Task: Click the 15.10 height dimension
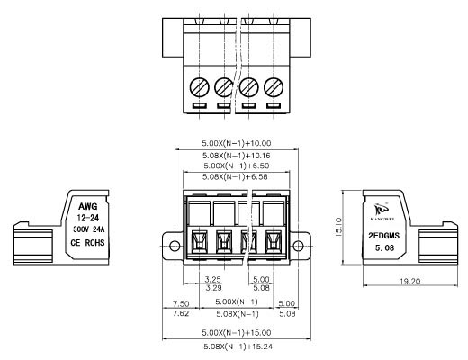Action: click(x=338, y=227)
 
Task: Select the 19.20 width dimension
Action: click(x=410, y=281)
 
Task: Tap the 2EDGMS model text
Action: click(x=384, y=236)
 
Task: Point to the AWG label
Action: click(x=88, y=206)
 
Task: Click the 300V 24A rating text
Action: click(x=89, y=229)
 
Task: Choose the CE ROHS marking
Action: click(x=87, y=242)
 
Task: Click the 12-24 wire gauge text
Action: click(x=88, y=218)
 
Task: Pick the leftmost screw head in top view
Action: click(x=200, y=87)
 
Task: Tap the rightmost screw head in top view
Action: click(x=274, y=87)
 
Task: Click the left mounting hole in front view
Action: click(x=175, y=246)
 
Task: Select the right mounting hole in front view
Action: click(x=298, y=246)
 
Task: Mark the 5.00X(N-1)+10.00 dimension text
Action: click(x=237, y=143)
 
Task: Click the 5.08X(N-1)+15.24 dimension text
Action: click(x=238, y=346)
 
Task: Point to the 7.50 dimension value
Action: click(x=181, y=303)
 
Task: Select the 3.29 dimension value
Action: click(x=213, y=288)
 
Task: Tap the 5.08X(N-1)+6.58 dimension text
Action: click(x=235, y=176)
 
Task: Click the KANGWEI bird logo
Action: click(x=382, y=209)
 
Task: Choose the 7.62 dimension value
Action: click(x=181, y=314)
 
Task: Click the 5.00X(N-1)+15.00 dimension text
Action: click(x=237, y=332)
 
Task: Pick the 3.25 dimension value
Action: click(x=213, y=279)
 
